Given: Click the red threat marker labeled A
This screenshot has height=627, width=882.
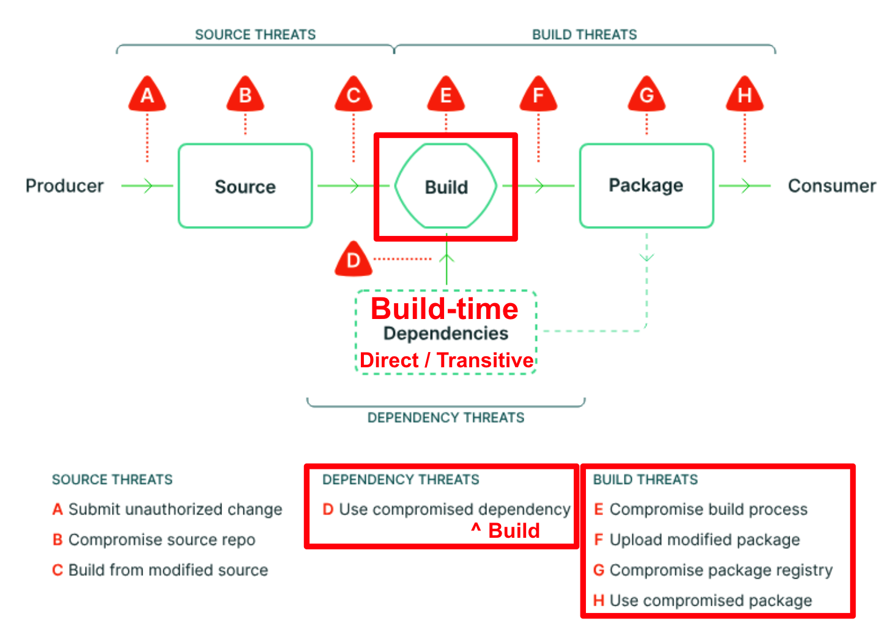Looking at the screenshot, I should [147, 95].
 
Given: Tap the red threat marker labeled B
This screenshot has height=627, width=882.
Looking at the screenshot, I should [245, 95].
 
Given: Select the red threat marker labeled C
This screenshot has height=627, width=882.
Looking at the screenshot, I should [354, 95].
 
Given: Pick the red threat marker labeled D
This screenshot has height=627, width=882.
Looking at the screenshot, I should [354, 260].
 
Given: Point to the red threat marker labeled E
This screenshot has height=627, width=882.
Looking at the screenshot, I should [446, 95].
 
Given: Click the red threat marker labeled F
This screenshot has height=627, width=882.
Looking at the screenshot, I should [538, 95].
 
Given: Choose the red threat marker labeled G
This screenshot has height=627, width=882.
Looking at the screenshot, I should [647, 95].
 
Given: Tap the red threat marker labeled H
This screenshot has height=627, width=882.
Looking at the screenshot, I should [744, 95].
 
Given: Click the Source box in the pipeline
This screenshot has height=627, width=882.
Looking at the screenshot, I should [245, 186].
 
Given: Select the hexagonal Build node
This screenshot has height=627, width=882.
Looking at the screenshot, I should [446, 186].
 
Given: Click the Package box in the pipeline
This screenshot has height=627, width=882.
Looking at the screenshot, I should [647, 186].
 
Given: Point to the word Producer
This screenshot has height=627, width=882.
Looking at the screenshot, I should [65, 186].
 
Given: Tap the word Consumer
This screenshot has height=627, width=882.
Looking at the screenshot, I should [831, 186].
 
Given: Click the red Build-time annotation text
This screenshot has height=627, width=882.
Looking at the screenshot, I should [445, 309].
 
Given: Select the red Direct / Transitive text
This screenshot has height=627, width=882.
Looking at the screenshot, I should [447, 361].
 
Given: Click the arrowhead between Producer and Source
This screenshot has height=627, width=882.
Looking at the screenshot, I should [147, 186].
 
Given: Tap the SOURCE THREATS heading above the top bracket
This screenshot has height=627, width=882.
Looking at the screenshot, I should [255, 35].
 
